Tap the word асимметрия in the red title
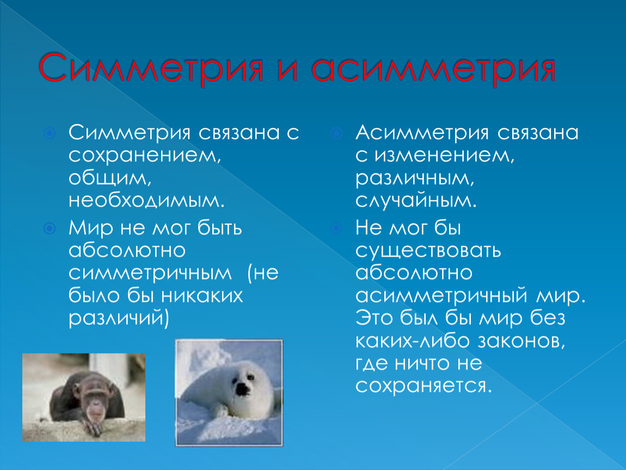tap(433, 68)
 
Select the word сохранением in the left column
tap(144, 156)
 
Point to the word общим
tap(110, 178)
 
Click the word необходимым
tap(146, 200)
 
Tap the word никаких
tap(202, 296)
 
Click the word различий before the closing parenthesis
tap(116, 318)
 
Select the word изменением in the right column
tap(444, 156)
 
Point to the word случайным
tap(416, 200)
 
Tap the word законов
tap(521, 341)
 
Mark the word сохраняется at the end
tap(424, 386)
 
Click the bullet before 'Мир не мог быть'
tap(50, 228)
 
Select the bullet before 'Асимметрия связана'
tap(336, 133)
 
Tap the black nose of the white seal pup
tap(242, 389)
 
